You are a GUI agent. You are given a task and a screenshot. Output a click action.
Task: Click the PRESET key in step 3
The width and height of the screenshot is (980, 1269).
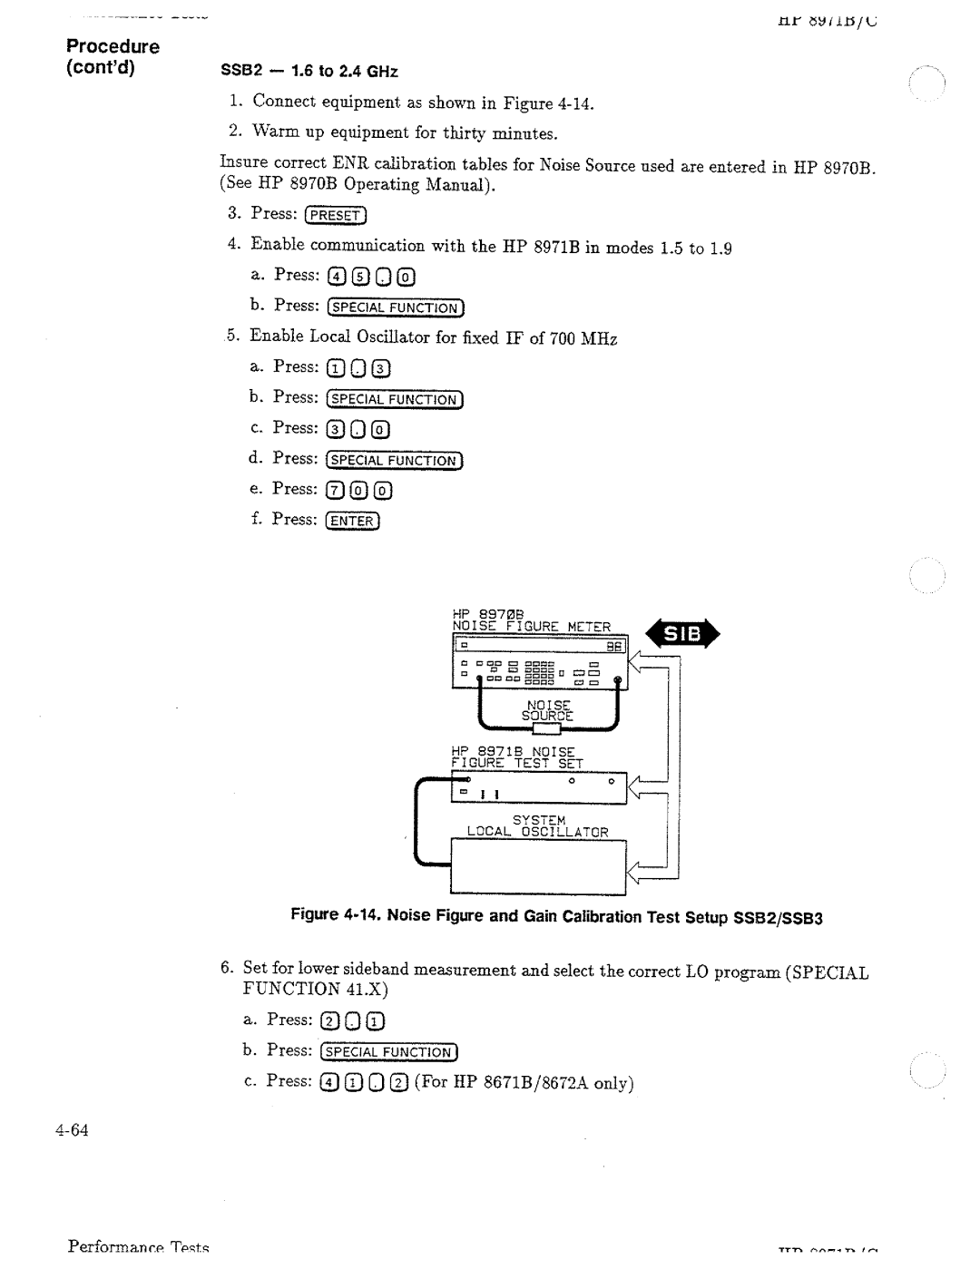click(x=336, y=215)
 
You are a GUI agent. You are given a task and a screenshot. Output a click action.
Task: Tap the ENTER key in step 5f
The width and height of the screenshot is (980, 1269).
click(x=352, y=521)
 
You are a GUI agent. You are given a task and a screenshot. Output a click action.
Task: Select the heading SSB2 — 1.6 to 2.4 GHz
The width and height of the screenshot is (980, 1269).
click(x=309, y=72)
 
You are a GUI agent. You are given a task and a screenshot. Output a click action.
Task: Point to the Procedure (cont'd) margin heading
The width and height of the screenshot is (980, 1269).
click(x=112, y=56)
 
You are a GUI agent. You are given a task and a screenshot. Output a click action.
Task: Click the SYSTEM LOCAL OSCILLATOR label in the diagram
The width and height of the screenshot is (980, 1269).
click(x=537, y=826)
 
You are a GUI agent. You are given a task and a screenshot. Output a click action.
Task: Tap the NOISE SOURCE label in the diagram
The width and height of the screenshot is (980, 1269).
click(x=547, y=710)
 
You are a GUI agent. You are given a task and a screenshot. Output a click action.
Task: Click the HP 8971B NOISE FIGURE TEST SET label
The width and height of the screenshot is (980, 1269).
click(x=516, y=757)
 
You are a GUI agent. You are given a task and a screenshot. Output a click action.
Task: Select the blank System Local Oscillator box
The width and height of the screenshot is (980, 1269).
click(x=539, y=867)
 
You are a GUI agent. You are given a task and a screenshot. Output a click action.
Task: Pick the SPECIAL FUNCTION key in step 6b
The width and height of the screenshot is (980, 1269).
click(x=388, y=1052)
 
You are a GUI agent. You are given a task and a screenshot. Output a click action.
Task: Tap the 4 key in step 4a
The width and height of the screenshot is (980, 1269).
click(x=335, y=277)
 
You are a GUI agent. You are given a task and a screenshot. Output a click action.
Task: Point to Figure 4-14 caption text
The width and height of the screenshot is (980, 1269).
click(x=555, y=916)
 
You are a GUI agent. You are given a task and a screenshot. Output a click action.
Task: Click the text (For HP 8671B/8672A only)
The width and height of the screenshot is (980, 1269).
click(x=524, y=1083)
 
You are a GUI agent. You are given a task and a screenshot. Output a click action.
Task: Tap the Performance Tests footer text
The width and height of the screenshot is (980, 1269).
click(x=138, y=1247)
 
